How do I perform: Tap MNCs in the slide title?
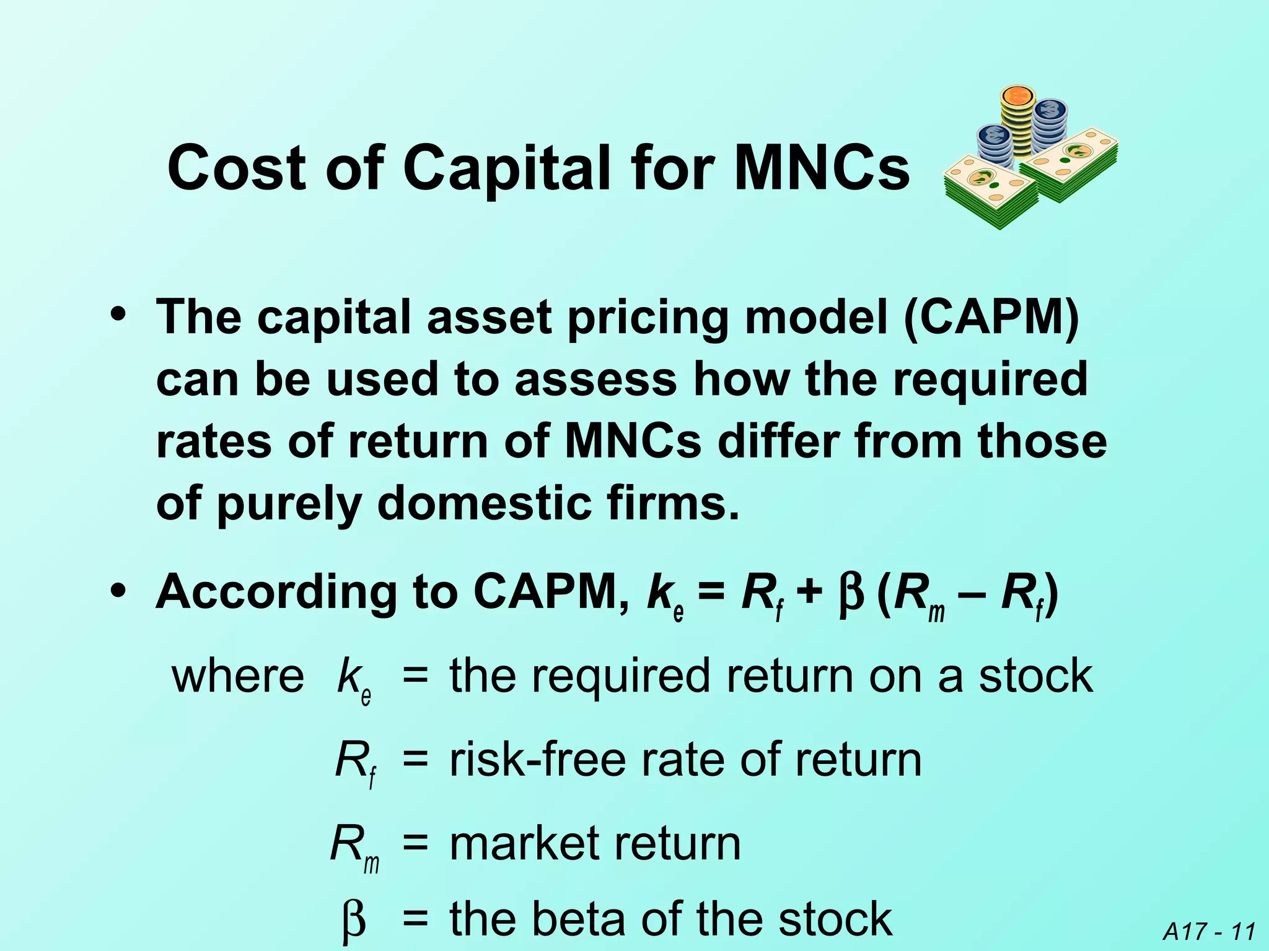tap(822, 168)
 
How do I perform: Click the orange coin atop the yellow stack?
tap(1017, 97)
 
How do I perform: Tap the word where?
tap(237, 676)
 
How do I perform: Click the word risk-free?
tap(537, 760)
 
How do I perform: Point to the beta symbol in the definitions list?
tap(354, 920)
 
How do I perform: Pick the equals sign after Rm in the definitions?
tap(415, 843)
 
